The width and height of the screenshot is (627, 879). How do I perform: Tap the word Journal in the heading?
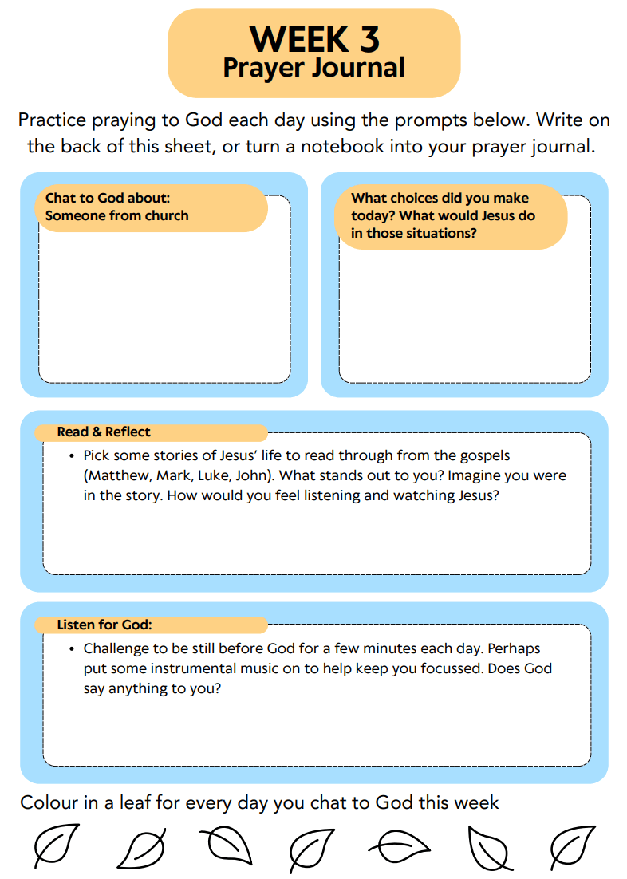(x=358, y=68)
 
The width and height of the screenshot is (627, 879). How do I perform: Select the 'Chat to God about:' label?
(x=108, y=197)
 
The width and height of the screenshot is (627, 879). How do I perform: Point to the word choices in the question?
(x=420, y=198)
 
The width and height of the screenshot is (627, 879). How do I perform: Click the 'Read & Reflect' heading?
(x=104, y=432)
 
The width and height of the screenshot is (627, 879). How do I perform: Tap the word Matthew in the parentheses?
(x=116, y=475)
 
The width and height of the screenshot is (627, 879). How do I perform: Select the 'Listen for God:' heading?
(x=104, y=625)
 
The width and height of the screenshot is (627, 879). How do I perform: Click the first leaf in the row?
(x=56, y=845)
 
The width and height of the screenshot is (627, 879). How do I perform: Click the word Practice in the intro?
(x=53, y=120)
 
